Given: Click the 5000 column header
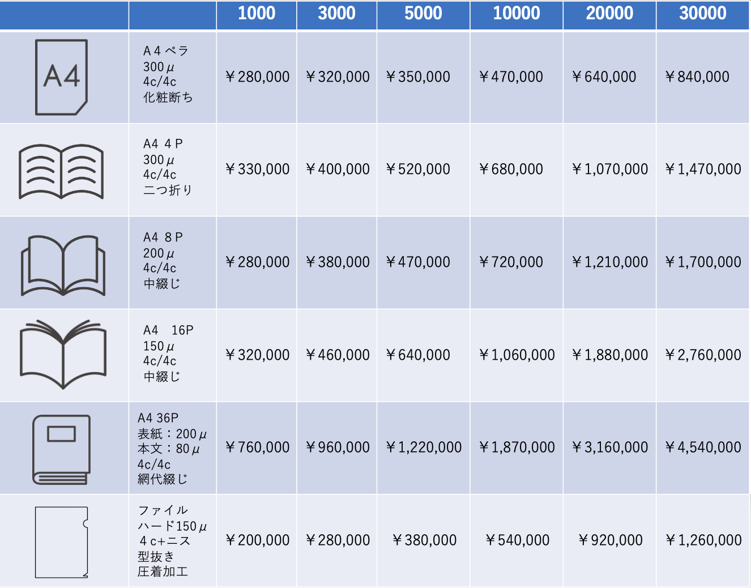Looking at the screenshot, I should pos(423,14).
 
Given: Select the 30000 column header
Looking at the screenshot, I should pos(702,14).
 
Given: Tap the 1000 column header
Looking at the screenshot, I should pos(256,14).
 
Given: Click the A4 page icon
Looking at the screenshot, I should pos(62,77).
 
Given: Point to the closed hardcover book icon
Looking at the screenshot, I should pos(61,450).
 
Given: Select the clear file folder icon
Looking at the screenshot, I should pos(62,542).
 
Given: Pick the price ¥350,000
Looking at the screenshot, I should pos(419,77).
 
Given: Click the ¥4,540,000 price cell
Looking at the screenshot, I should pos(703,448).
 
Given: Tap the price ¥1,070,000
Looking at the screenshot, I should pos(610,169).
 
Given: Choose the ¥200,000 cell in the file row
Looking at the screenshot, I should pos(258,540).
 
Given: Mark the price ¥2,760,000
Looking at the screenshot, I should pos(703,355).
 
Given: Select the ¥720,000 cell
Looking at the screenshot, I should pos(511,262).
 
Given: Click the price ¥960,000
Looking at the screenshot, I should pos(338,448).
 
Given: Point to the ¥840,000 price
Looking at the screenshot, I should pos(697,77).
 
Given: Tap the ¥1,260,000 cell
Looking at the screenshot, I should pos(703,540).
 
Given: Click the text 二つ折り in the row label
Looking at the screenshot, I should pos(168,190).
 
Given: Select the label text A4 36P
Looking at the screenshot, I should pos(158,418).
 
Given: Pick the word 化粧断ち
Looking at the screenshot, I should pos(168,97).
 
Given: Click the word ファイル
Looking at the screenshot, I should pos(163,510).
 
